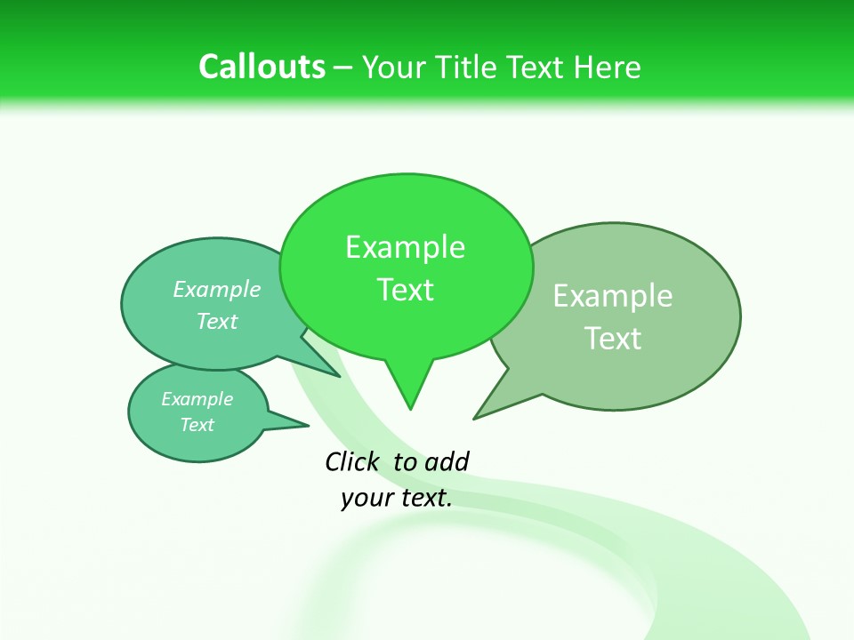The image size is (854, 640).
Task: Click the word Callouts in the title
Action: click(262, 67)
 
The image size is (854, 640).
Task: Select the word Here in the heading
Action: click(608, 67)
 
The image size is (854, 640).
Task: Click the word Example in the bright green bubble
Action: click(405, 247)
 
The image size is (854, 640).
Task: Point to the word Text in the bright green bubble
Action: click(405, 290)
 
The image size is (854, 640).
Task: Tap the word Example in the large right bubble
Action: click(613, 296)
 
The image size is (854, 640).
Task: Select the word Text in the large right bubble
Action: click(613, 339)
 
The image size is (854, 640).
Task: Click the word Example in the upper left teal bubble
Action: click(217, 290)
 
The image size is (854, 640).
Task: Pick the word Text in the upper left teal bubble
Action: click(217, 321)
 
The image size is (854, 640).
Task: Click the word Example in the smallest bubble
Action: click(197, 399)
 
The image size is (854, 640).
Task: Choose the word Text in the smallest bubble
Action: click(197, 425)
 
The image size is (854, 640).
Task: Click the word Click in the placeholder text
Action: click(352, 461)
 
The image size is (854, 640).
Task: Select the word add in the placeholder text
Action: click(447, 461)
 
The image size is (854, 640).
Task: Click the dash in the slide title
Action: click(344, 67)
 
